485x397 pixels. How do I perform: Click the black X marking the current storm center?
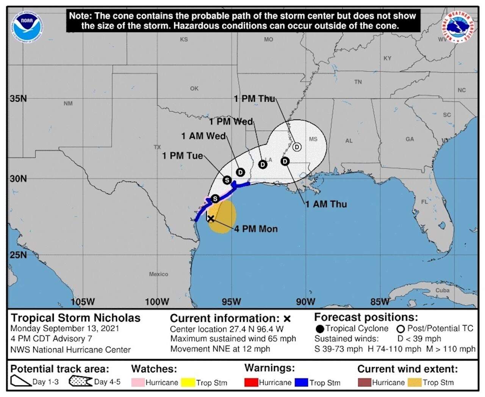(211, 219)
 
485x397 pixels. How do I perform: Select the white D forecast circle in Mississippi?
(297, 147)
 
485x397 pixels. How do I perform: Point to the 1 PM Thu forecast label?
(254, 99)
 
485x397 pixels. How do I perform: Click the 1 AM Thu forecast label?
(326, 204)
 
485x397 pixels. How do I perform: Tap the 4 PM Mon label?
(256, 229)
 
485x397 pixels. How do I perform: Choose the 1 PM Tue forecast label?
(183, 156)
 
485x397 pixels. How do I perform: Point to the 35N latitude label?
(18, 99)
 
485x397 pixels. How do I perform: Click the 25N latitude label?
(18, 255)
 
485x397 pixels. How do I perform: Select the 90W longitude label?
(305, 302)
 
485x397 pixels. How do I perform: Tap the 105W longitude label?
(83, 302)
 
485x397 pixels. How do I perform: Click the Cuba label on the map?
(442, 290)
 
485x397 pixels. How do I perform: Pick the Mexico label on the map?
(158, 274)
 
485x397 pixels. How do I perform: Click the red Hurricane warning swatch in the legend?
(251, 383)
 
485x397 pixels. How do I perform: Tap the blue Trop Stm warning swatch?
(302, 383)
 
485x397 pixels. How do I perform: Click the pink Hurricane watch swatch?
(138, 383)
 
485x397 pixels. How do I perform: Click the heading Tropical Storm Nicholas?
(75, 318)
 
